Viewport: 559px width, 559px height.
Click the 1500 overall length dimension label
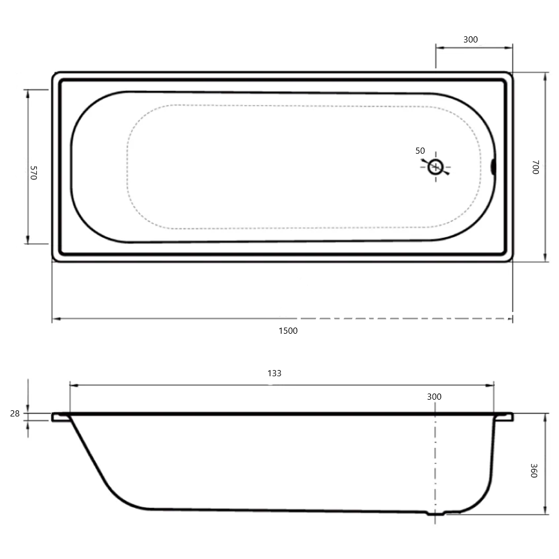[288, 331]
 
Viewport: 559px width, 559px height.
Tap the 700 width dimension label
[535, 167]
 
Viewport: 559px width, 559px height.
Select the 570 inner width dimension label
[33, 173]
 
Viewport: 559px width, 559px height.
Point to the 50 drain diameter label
[420, 151]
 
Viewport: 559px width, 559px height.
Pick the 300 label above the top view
[470, 40]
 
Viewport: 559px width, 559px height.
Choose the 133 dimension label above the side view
[274, 373]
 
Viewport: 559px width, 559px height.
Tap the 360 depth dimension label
[534, 470]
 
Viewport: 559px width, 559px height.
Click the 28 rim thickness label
[15, 414]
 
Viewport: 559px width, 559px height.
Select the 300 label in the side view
[434, 397]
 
